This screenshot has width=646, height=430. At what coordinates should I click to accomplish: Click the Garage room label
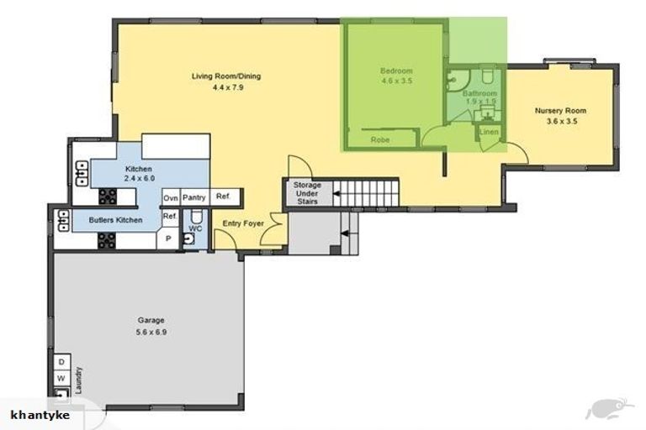(151, 320)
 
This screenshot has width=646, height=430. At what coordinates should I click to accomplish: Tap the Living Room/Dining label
(226, 76)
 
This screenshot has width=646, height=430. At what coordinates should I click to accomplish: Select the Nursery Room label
(560, 111)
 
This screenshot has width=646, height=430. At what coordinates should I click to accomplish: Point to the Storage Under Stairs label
(307, 193)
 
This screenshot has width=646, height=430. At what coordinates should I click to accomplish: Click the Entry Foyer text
(243, 223)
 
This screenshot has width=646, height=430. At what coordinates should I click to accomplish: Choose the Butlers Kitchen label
(115, 220)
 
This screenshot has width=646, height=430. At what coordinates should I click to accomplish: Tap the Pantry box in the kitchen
(194, 197)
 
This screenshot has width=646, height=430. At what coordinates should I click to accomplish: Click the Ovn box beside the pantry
(171, 198)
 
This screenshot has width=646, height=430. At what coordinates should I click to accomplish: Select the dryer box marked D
(61, 362)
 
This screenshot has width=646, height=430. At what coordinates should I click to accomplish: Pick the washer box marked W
(61, 378)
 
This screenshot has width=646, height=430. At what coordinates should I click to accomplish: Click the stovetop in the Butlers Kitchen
(106, 241)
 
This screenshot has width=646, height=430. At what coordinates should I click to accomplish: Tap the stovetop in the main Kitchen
(108, 197)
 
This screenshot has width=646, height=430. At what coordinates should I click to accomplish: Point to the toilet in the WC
(196, 216)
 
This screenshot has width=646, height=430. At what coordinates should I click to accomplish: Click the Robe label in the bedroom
(380, 140)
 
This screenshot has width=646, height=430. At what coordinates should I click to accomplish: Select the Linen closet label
(489, 132)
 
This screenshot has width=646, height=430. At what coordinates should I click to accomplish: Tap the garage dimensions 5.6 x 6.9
(151, 332)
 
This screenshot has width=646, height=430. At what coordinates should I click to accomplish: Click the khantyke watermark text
(40, 415)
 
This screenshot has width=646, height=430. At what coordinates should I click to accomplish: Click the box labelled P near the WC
(168, 239)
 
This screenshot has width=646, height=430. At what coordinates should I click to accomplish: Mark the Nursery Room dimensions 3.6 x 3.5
(562, 122)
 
